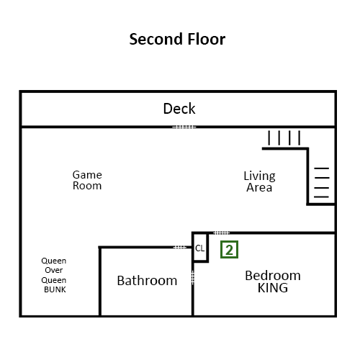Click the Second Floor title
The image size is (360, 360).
(x=177, y=39)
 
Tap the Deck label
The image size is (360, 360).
(x=179, y=109)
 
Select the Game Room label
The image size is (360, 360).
(x=87, y=180)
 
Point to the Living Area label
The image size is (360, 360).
(x=259, y=181)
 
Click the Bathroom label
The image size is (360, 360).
(x=147, y=280)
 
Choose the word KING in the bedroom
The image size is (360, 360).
(x=273, y=288)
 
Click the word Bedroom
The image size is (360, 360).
(x=273, y=276)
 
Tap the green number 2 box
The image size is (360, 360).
(x=229, y=250)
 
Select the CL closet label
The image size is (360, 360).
(x=200, y=248)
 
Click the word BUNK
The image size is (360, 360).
(x=55, y=289)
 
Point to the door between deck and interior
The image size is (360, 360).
(x=184, y=127)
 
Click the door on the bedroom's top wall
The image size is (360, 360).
(x=221, y=233)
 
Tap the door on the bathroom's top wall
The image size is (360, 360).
(x=180, y=247)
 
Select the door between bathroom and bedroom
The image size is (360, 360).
(x=193, y=278)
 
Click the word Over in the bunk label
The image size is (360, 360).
(x=54, y=270)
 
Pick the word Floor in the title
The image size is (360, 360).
(x=207, y=39)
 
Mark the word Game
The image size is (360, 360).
(x=87, y=175)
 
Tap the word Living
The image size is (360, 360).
(x=259, y=176)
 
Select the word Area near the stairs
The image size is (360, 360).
(x=259, y=187)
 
